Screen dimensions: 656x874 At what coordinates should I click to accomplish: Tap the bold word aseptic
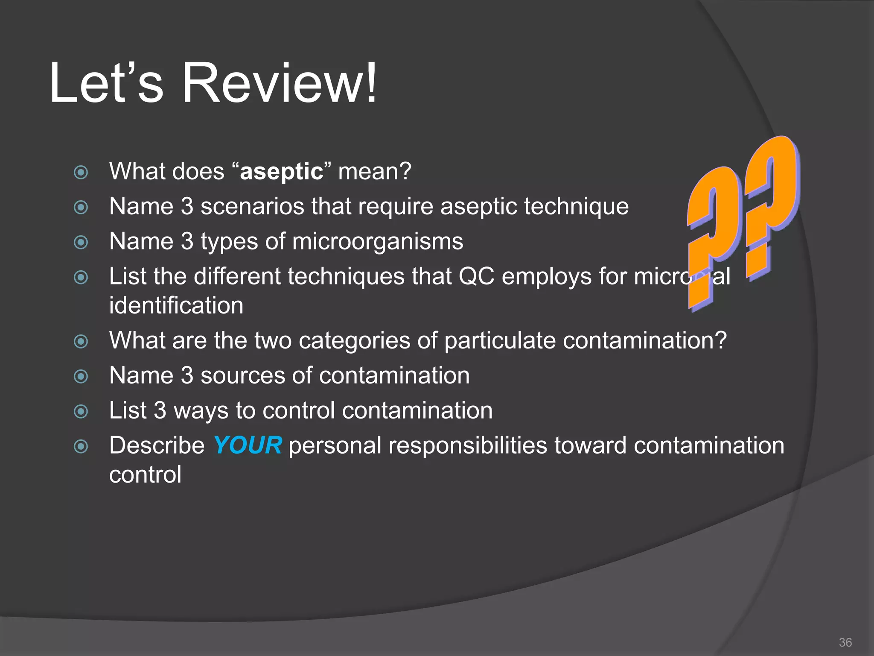tap(282, 172)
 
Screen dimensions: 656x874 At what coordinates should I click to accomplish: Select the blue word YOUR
tap(248, 445)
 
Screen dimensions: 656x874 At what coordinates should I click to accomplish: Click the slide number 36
tap(845, 642)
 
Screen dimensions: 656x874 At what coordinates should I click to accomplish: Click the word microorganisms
tap(377, 242)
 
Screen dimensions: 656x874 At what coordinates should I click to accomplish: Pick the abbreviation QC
tap(476, 276)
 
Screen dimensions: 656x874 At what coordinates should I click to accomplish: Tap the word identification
tap(176, 306)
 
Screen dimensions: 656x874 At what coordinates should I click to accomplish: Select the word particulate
tap(500, 341)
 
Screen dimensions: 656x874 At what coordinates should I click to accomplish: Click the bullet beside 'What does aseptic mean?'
tap(81, 173)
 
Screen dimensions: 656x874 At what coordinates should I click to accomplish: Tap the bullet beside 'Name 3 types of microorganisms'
tap(81, 243)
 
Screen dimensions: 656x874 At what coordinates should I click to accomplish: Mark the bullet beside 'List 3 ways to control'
tap(81, 412)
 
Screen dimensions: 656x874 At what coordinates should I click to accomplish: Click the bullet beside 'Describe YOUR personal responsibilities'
tap(81, 447)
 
